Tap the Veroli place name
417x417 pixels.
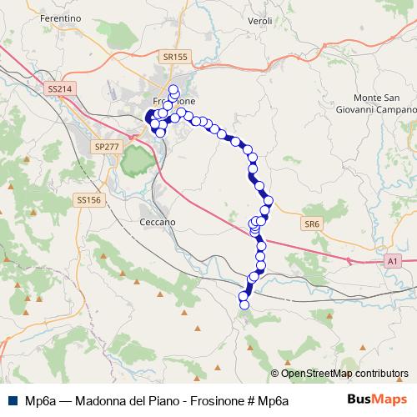260,19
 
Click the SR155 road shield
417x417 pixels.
176,57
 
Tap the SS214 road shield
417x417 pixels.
58,88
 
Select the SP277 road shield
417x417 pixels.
106,146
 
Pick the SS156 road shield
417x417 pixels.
88,200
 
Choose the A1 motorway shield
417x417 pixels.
392,262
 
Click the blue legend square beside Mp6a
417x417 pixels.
13,399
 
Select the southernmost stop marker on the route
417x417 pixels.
244,305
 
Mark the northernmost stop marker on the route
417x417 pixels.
173,89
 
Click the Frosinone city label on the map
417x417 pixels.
183,101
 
